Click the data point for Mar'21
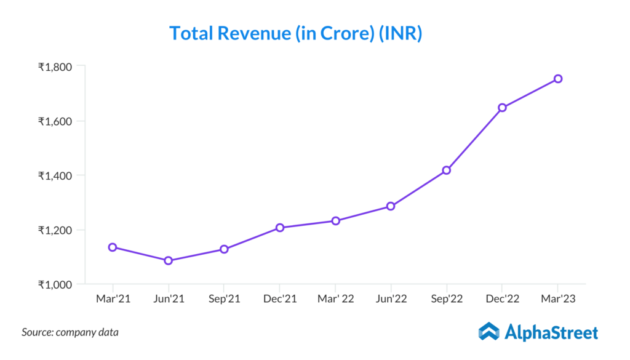[x=113, y=247]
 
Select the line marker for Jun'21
[x=168, y=260]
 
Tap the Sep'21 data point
[x=224, y=249]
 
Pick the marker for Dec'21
[x=280, y=228]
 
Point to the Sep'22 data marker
[x=447, y=170]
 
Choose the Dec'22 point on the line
[x=502, y=108]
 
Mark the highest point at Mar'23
[x=557, y=79]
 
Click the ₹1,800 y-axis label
[x=55, y=66]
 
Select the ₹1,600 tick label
[x=55, y=121]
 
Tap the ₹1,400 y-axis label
[x=55, y=175]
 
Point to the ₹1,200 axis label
[x=55, y=230]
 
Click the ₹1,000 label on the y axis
[x=55, y=284]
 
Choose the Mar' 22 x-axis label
[x=335, y=299]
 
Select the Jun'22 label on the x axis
[x=391, y=299]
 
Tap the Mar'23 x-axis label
[x=557, y=299]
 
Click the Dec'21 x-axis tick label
[x=280, y=299]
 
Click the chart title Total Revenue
[x=295, y=33]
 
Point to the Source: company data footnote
[x=70, y=332]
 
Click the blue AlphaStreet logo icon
[x=488, y=332]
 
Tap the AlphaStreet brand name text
[x=551, y=333]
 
